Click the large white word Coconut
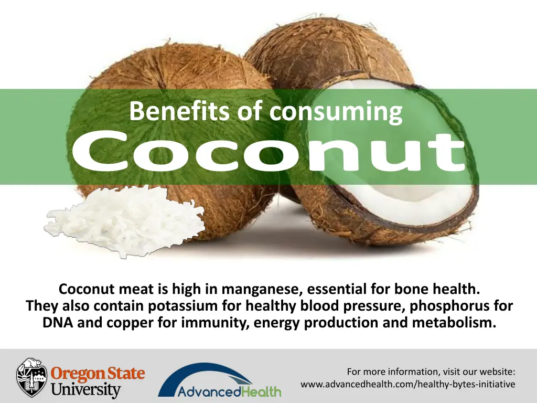(x=268, y=152)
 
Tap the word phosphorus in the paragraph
(x=449, y=305)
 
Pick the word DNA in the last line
(x=58, y=322)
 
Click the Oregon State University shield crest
(x=32, y=377)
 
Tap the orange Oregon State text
(x=98, y=374)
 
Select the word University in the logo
(x=86, y=390)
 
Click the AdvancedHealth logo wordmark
(x=229, y=391)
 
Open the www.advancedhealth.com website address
(x=407, y=385)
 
